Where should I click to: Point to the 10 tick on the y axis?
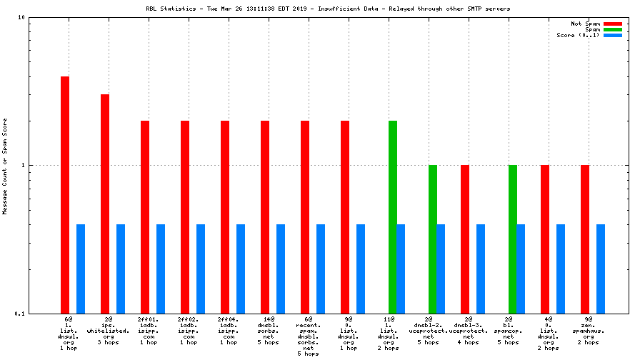tap(21, 18)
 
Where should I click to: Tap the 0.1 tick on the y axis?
tap(21, 314)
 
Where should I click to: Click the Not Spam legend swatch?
tap(613, 24)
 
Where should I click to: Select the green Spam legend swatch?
tap(613, 29)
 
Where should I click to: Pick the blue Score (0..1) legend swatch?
tap(613, 35)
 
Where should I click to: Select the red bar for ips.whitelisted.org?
tap(105, 204)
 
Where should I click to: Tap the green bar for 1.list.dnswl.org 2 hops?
tap(393, 217)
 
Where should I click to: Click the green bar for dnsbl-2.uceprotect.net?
tap(433, 239)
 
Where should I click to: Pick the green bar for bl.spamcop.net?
tap(513, 239)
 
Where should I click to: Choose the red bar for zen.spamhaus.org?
tap(585, 239)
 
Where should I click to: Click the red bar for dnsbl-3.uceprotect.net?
tap(465, 239)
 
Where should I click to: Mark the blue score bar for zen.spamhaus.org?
tap(601, 269)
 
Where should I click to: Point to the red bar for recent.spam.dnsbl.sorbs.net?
tap(305, 217)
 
